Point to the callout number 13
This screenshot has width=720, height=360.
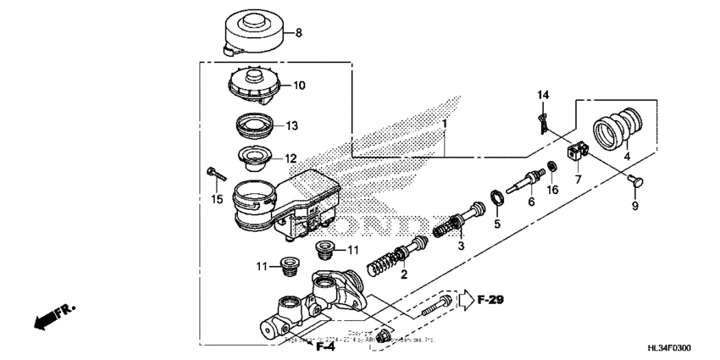(291, 126)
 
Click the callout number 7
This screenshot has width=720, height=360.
(578, 180)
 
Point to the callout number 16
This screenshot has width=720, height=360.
(553, 192)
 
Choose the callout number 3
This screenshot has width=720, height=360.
(461, 245)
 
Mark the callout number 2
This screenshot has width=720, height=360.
(404, 274)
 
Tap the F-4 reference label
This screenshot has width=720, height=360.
(324, 346)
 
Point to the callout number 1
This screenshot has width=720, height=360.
(443, 124)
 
